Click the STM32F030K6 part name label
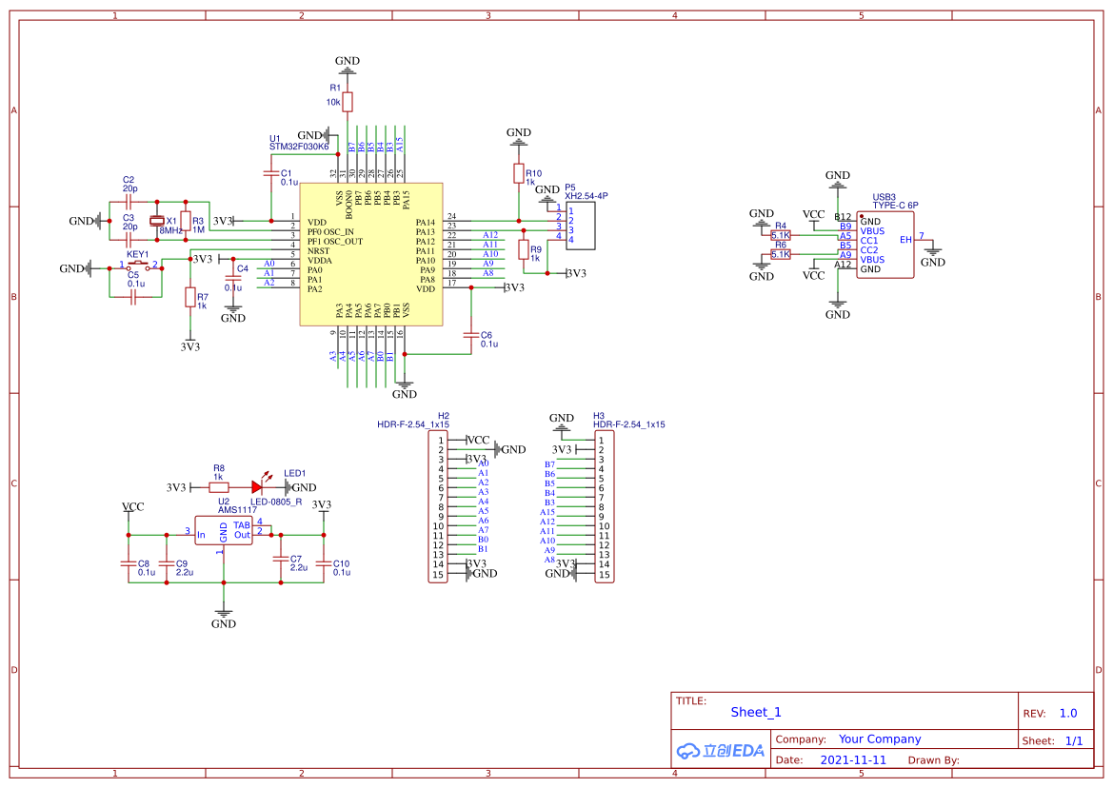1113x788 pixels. [x=299, y=148]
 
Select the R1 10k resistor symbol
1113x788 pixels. [x=348, y=102]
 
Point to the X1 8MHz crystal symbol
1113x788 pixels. [x=158, y=222]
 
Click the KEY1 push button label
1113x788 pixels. [x=137, y=255]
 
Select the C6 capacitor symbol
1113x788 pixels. [x=470, y=335]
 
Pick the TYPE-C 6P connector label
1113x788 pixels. [x=895, y=206]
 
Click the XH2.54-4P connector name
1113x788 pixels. [x=586, y=196]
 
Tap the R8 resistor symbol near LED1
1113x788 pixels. [x=218, y=487]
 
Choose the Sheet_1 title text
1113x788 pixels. [x=756, y=712]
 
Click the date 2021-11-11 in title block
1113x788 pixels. [x=853, y=760]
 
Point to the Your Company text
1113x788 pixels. [x=880, y=739]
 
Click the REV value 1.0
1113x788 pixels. [x=1068, y=713]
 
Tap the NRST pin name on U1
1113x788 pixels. [x=318, y=251]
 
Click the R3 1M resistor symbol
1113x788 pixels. [x=186, y=222]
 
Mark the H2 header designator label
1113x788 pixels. [x=444, y=416]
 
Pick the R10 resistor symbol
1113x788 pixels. [x=519, y=173]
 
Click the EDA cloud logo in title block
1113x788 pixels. [x=720, y=750]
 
